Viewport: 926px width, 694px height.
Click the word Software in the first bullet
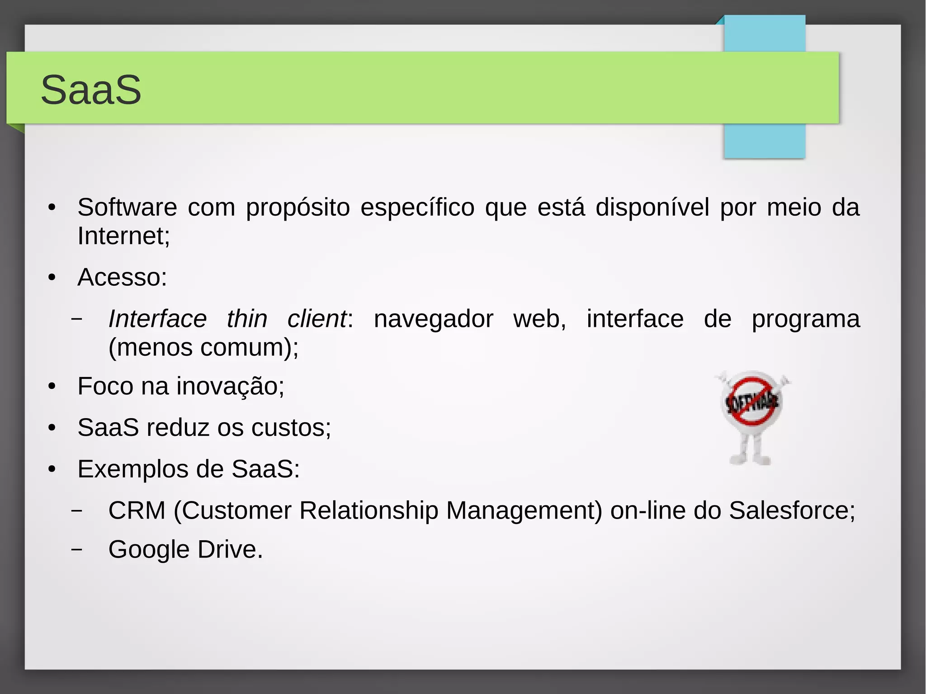(x=127, y=208)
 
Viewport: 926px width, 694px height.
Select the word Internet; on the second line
(x=123, y=236)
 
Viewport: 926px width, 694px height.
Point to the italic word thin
(x=247, y=319)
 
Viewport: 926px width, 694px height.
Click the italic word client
(x=317, y=319)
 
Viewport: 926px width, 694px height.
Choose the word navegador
(x=433, y=319)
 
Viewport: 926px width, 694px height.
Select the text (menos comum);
(x=203, y=347)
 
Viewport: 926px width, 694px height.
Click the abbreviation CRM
(x=137, y=510)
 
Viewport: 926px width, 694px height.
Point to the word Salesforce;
(x=792, y=510)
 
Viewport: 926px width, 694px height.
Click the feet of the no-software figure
(x=750, y=460)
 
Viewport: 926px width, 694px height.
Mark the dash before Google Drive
(x=77, y=549)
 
